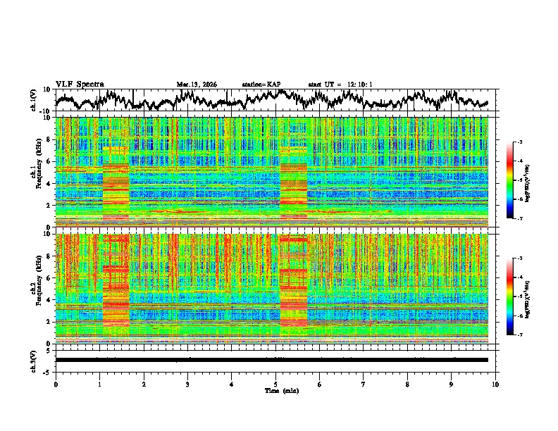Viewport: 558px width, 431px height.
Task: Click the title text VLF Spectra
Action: [x=80, y=84]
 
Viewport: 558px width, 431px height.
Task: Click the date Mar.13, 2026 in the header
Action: [x=197, y=85]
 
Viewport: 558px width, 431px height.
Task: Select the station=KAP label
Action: [x=261, y=85]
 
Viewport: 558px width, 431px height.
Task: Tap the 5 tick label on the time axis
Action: [x=275, y=384]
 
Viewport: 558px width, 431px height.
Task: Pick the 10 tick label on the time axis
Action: [x=495, y=384]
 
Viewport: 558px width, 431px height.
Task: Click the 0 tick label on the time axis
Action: [x=56, y=384]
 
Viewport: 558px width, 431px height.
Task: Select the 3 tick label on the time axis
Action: [x=187, y=384]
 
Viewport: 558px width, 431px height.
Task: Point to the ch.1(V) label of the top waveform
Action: [x=33, y=100]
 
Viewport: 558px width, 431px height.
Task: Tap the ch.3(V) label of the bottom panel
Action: [x=33, y=359]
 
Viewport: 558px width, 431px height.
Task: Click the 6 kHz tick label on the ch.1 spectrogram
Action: [x=49, y=161]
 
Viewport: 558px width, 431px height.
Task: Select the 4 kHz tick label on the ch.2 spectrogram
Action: [x=49, y=300]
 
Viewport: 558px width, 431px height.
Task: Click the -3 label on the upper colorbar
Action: [x=519, y=142]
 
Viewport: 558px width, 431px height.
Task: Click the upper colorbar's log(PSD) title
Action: [x=536, y=180]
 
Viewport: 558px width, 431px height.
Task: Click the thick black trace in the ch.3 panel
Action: [x=275, y=360]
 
